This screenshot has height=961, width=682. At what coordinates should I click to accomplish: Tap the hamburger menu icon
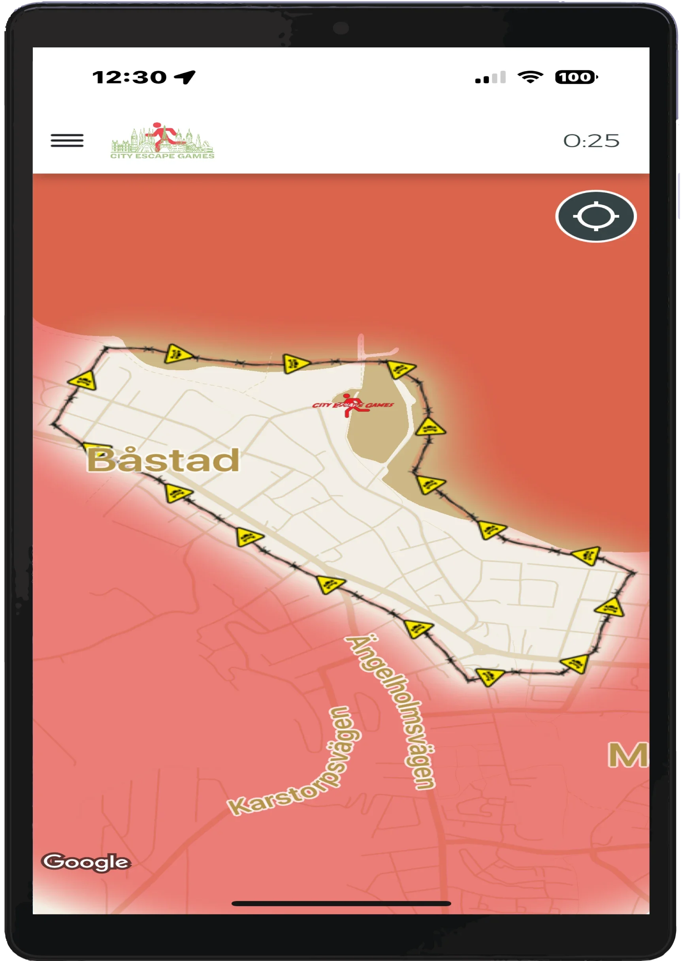(x=67, y=140)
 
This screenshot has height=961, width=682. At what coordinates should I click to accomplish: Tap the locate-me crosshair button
(x=595, y=216)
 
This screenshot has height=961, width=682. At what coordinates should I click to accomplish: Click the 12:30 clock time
(x=129, y=77)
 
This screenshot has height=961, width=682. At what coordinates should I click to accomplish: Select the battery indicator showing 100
(x=576, y=77)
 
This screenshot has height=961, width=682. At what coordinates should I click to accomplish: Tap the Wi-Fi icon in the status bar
(x=530, y=77)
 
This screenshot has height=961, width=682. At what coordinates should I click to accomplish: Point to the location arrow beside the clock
(x=185, y=77)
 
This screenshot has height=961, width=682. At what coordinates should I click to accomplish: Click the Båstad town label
(x=163, y=460)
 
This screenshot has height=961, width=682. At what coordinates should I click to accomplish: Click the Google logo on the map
(x=86, y=862)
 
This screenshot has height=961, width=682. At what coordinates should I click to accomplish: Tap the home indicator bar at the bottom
(x=341, y=903)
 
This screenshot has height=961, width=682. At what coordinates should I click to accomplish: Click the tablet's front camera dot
(x=341, y=28)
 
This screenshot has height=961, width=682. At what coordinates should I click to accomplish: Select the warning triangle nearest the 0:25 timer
(x=401, y=369)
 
